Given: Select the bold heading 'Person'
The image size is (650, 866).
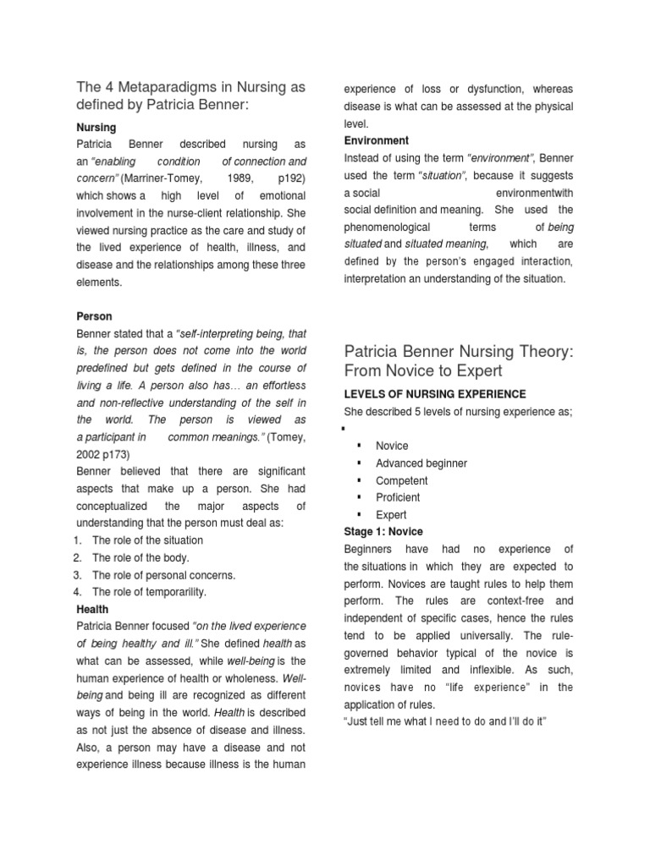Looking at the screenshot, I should coord(94,316).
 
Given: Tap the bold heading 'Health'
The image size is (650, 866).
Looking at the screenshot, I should coord(92,609).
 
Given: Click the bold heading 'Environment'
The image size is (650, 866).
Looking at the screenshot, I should coord(377,140).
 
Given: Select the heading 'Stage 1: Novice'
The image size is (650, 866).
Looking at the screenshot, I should coord(383,532).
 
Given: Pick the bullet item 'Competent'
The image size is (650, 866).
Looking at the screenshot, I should coord(402,480).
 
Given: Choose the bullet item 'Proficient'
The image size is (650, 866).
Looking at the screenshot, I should coord(398,497).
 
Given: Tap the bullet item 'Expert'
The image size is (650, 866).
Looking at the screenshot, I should coord(391,515).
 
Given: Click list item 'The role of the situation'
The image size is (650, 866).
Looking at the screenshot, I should coord(147,540).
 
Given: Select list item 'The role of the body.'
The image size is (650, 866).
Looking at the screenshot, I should coord(140,558).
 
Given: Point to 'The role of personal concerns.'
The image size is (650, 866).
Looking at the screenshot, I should coord(163,575).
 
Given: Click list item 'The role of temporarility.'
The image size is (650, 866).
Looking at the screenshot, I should coord(149,592).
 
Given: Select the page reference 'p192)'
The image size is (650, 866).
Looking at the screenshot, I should coord(292,178).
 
